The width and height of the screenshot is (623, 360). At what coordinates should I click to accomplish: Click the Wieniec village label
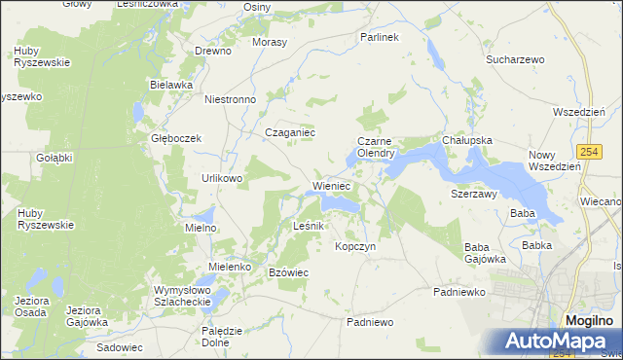pos(331,185)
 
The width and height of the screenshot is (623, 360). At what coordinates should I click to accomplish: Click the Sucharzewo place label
pos(515,59)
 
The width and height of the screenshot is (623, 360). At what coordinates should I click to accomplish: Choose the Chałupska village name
pos(467,140)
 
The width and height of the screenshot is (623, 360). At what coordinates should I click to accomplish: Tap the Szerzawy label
pos(474,194)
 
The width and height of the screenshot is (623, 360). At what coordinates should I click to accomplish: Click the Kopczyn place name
pos(355,246)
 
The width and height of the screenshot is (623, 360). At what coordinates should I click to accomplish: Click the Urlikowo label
pos(223,178)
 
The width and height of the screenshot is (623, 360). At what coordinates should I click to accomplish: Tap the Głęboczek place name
pos(175,138)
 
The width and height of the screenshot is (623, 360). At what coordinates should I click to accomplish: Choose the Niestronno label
pos(230,99)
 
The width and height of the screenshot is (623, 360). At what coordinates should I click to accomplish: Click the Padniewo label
pos(369,321)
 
